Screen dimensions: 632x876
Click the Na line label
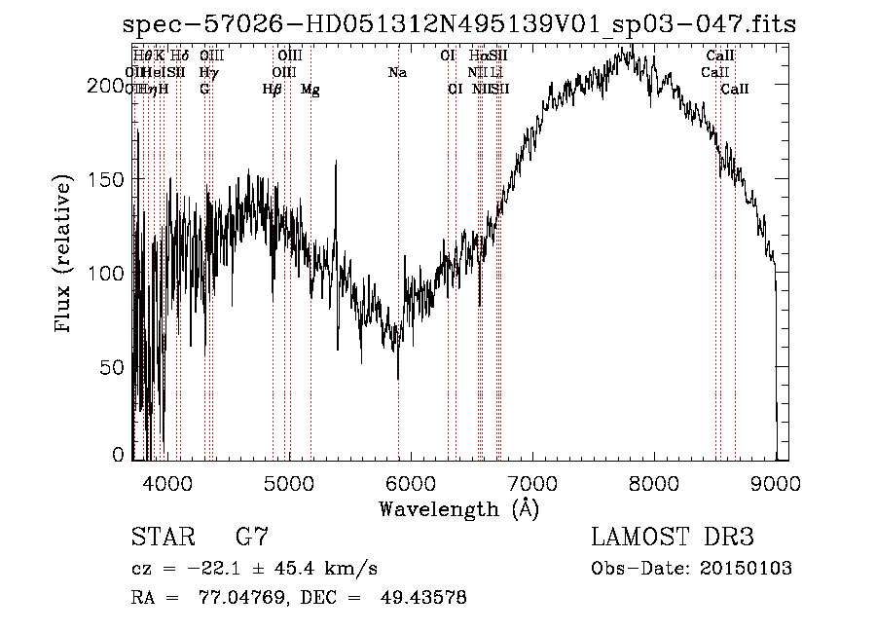[397, 72]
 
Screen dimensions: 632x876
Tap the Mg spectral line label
[310, 90]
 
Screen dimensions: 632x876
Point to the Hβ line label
[273, 90]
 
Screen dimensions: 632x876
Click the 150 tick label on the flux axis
[110, 179]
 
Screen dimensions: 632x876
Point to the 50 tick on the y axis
[116, 367]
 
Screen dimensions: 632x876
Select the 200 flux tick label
[110, 86]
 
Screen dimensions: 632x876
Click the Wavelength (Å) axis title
[458, 508]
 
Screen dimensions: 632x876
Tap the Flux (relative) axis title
[65, 255]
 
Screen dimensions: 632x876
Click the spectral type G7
[251, 538]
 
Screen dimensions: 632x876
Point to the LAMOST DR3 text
[672, 538]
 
